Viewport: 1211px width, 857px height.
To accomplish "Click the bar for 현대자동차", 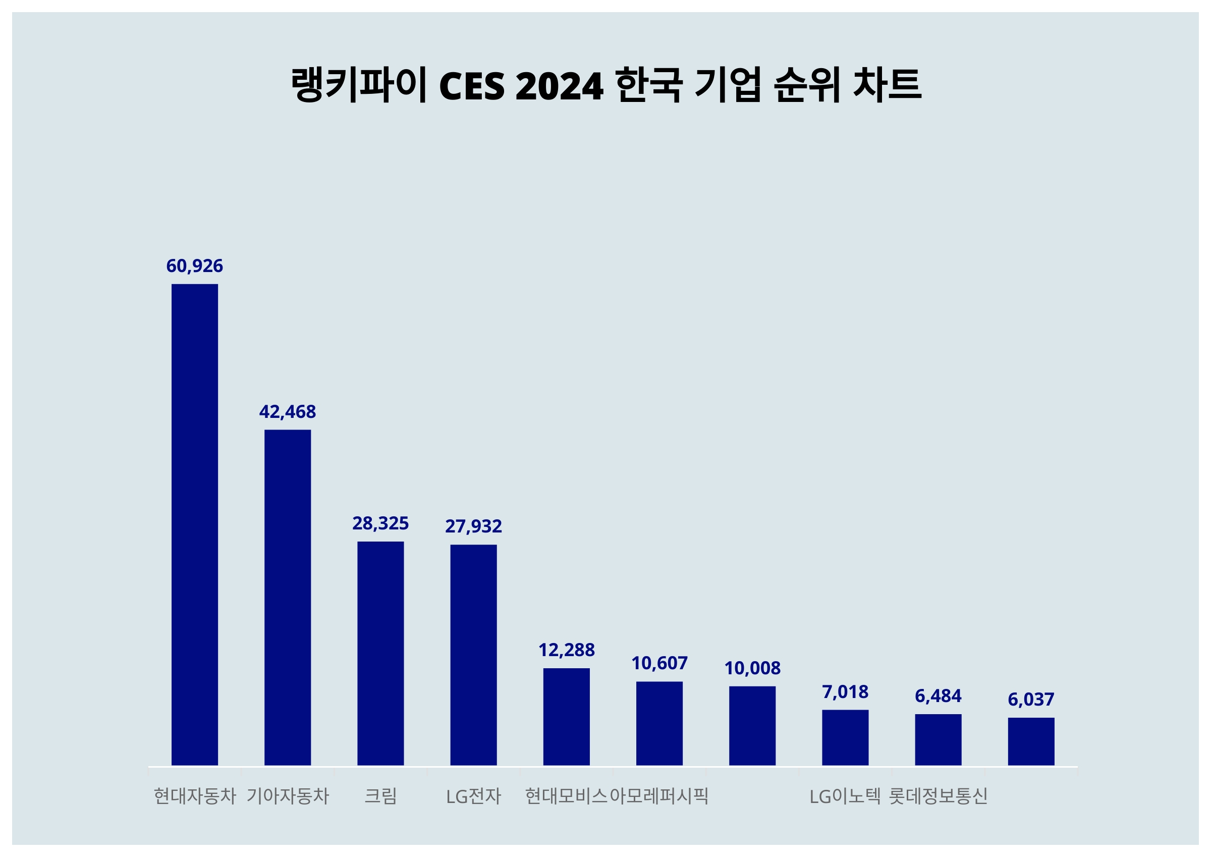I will pos(195,524).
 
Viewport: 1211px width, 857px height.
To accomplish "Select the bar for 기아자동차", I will pos(288,598).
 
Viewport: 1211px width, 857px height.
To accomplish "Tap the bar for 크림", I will pos(380,653).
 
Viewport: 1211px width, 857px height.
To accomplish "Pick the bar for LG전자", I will pos(473,655).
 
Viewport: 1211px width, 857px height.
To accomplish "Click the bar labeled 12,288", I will pos(567,717).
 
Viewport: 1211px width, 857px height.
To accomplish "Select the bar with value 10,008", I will pos(752,726).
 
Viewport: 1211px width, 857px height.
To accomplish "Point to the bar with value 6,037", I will pos(1031,741).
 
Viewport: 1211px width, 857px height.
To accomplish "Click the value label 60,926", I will pos(195,266).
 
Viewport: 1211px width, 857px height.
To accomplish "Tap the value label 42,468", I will pos(288,412).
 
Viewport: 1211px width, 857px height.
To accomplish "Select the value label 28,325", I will pos(380,523).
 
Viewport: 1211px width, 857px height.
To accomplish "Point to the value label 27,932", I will pos(473,526).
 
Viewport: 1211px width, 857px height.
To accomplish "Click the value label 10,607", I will pos(659,663).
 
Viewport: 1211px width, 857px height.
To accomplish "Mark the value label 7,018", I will pos(845,692).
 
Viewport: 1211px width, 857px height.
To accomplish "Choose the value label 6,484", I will pos(938,696).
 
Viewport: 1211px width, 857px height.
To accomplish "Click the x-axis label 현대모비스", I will pos(567,796).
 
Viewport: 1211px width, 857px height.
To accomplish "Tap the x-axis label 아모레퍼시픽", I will pos(659,796).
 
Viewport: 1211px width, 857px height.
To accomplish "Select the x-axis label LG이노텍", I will pos(845,796).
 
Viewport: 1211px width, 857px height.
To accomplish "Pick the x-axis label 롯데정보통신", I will pos(938,796).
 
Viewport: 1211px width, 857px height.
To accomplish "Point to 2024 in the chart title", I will pos(559,86).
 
